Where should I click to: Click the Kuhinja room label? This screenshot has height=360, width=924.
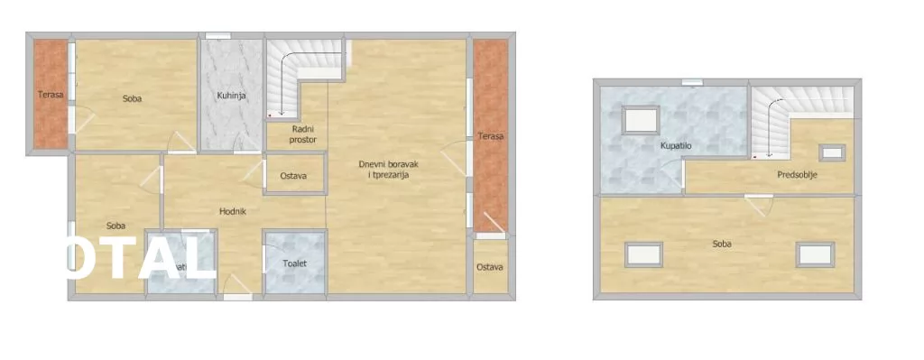point(232,96)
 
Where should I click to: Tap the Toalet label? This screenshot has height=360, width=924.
point(294,264)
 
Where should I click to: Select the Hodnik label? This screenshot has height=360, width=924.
point(233,212)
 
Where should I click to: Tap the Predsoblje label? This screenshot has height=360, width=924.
point(797,176)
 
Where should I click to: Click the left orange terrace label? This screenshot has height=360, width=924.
point(50,94)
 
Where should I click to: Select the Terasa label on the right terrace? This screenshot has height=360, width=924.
point(491,136)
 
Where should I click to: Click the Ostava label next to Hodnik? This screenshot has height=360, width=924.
point(292,176)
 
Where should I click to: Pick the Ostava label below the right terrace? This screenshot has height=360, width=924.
point(490,267)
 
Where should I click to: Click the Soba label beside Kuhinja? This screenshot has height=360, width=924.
point(133,98)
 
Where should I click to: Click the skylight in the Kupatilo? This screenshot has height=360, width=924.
point(642,121)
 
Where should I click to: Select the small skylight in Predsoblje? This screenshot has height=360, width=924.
point(831,152)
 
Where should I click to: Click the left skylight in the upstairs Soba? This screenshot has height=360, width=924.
point(644,255)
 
